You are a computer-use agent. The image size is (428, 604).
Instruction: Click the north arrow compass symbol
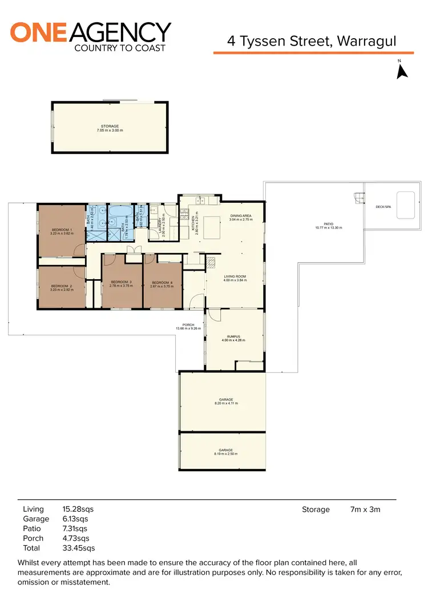click(402, 71)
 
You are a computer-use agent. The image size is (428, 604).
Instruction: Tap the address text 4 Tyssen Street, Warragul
click(311, 41)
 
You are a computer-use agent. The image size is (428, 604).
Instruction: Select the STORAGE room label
click(110, 126)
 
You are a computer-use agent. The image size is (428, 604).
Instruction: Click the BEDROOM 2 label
click(61, 286)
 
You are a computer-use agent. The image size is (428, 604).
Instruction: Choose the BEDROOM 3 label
click(121, 282)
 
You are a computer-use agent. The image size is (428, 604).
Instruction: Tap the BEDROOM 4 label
click(162, 282)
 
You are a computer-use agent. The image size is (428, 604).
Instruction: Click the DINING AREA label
click(241, 216)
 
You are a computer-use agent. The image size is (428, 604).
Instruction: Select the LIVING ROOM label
click(235, 276)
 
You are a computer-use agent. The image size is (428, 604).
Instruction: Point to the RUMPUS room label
click(235, 336)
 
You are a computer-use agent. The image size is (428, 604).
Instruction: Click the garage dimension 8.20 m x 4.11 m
click(222, 403)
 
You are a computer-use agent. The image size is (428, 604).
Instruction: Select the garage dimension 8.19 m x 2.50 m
click(222, 454)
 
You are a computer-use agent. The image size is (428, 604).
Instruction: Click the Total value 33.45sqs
click(78, 548)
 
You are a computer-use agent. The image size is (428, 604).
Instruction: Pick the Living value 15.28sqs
click(78, 509)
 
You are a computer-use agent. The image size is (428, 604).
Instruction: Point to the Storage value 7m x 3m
click(365, 509)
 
